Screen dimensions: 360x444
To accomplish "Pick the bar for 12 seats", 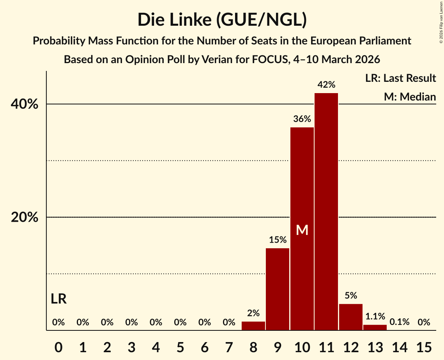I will coord(351,317).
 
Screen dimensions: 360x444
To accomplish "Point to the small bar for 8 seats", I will coord(253,326).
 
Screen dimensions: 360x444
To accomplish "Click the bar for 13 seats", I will coord(375,327).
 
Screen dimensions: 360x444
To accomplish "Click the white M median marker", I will coord(302,230).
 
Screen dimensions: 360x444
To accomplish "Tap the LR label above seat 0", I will coord(59,299).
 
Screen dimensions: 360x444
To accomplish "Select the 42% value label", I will coord(326,85).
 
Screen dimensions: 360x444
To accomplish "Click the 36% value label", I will coord(302,119).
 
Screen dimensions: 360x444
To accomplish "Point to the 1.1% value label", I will coord(375,316).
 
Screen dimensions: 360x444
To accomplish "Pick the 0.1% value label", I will coord(400,322).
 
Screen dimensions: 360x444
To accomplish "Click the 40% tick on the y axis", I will coord(25,104).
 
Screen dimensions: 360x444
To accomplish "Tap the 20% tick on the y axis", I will coord(25,217).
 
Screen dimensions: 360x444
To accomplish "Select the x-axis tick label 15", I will coord(424,346).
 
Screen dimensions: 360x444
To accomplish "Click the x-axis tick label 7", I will coord(229,346).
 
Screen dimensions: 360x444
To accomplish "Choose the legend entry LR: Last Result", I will coord(400,78).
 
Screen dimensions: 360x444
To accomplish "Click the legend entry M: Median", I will coord(410,97).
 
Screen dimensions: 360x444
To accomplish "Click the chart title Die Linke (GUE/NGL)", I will coord(222,20).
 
